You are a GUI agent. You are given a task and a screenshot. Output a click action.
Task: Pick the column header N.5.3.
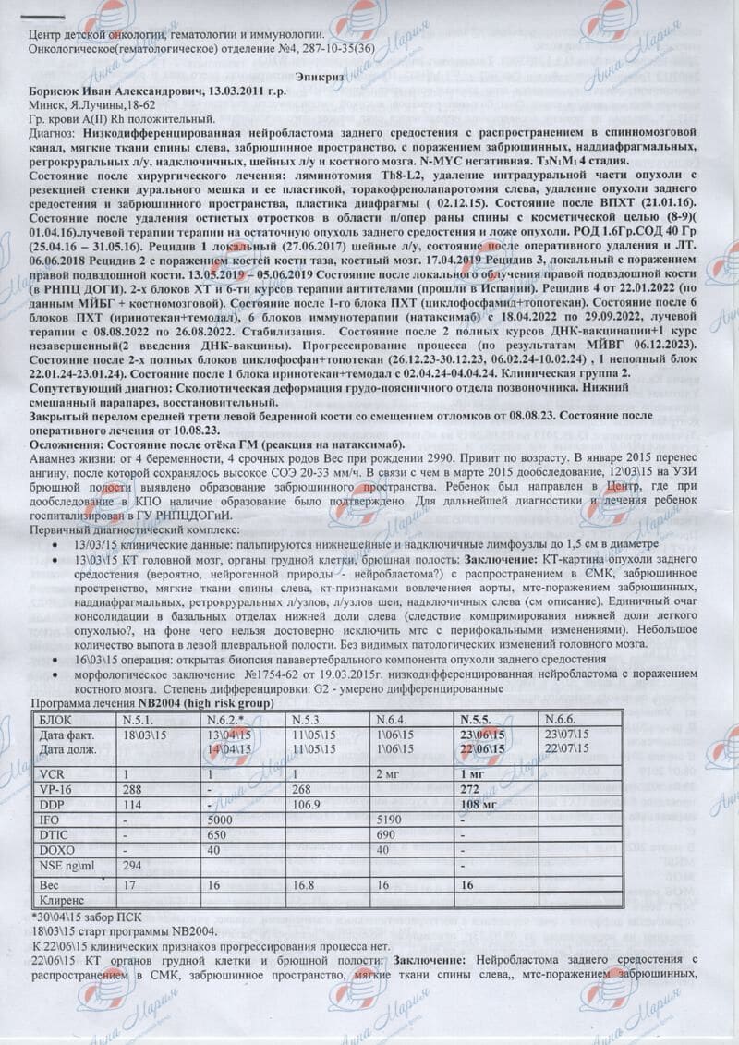[x=309, y=718]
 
